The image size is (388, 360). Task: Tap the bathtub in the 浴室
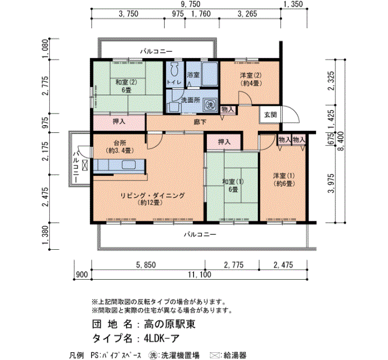(210, 74)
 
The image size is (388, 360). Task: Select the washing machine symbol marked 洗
(210, 105)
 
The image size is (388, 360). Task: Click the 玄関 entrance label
(270, 115)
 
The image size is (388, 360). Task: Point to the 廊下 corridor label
(200, 122)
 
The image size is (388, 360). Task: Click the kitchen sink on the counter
(129, 164)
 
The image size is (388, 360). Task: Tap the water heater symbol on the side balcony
(85, 165)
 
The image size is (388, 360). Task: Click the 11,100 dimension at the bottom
(200, 275)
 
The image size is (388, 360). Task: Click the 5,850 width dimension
(146, 265)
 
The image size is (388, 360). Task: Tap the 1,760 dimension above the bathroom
(201, 14)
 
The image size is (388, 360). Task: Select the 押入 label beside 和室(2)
(119, 121)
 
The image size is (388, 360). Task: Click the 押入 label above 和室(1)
(224, 142)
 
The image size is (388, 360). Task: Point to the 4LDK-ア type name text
(162, 338)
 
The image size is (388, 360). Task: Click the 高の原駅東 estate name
(170, 324)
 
